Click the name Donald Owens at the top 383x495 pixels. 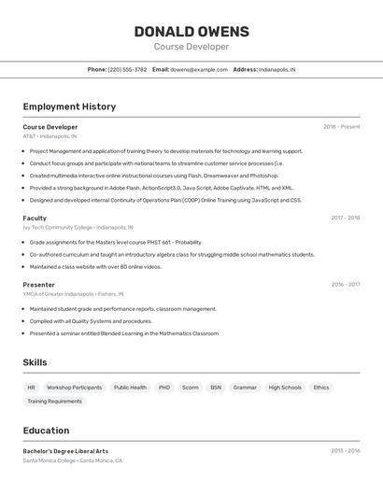coord(191,31)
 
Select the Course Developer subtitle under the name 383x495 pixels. coord(191,47)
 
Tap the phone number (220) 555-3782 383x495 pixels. coord(128,69)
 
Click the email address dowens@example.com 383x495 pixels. coord(199,69)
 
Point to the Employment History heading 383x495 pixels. coord(69,106)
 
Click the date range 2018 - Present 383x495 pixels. coord(341,127)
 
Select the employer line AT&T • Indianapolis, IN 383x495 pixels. coord(50,136)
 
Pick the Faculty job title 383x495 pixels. coord(35,218)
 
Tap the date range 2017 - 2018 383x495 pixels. coord(345,218)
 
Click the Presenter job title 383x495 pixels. coord(39,285)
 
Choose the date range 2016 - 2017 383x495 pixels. coord(345,285)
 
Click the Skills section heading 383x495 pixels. coord(35,362)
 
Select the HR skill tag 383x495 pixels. coord(31,387)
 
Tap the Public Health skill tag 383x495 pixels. coord(130,387)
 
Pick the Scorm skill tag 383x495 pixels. coord(190,387)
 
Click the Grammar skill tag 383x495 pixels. coord(245,387)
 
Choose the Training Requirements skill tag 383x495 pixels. coord(54,402)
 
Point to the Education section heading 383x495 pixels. coord(46,431)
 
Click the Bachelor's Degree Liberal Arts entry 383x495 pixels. coord(65,451)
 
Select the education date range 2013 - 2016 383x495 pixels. coord(345,451)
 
